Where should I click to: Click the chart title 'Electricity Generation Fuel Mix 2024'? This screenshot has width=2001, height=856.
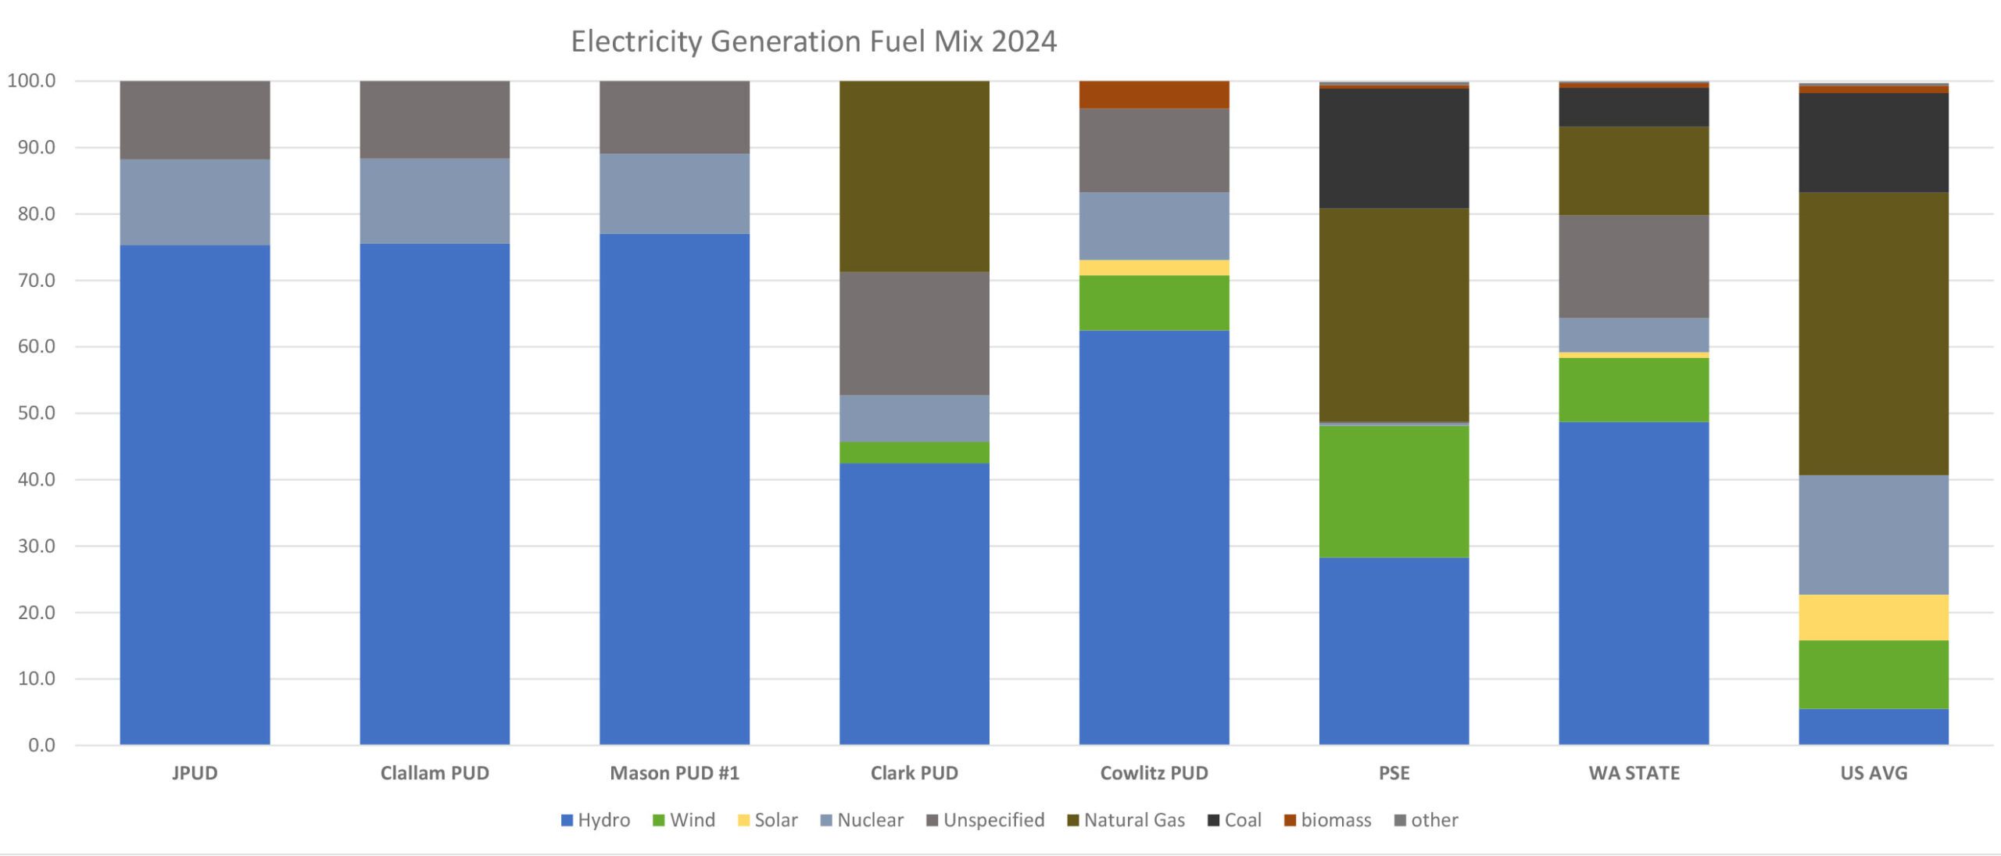tap(813, 41)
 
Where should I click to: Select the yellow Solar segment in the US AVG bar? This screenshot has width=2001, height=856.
tap(1873, 618)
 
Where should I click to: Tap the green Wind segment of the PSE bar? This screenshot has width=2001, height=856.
tap(1394, 491)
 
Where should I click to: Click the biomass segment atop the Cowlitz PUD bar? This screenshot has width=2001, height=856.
tap(1154, 95)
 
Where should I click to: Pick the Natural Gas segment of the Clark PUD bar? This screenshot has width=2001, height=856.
tap(914, 176)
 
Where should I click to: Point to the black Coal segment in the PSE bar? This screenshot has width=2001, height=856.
tap(1394, 148)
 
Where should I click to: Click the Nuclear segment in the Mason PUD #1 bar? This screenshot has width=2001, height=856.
tap(674, 193)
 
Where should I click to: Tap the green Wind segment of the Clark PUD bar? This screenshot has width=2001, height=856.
tap(914, 453)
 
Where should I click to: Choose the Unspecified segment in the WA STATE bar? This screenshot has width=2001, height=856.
tap(1633, 266)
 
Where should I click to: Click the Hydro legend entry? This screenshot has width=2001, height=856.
tap(596, 820)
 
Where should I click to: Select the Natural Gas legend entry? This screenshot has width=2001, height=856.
tap(1126, 820)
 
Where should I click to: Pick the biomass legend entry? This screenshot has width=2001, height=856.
tap(1328, 820)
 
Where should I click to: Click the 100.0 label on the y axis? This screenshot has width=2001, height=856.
tap(31, 81)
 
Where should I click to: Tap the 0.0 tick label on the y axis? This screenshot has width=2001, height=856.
tap(41, 745)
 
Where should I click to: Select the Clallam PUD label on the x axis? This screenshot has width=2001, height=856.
tap(435, 773)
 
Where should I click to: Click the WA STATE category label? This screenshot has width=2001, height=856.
tap(1634, 773)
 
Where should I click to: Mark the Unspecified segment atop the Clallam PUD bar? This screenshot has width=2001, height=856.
tap(435, 120)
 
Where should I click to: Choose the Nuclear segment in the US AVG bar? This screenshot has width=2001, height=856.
tap(1873, 535)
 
